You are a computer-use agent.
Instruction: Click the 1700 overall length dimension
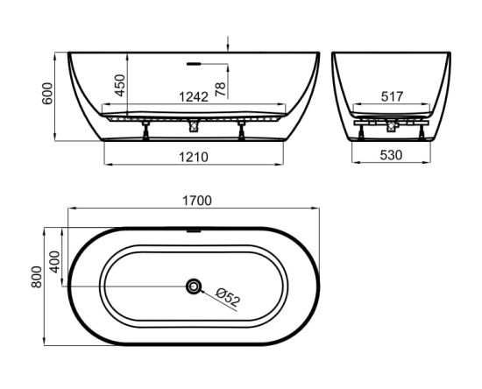197,201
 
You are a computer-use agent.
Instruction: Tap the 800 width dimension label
37,277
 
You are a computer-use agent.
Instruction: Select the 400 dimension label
55,262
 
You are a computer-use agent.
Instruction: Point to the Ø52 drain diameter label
228,296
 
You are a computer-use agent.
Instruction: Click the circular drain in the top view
194,286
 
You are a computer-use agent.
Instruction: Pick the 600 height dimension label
47,94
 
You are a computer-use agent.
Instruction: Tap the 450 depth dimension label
120,85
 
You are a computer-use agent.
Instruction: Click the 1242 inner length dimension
194,96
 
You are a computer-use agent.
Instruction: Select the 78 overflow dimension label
220,89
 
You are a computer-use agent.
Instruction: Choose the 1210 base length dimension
194,157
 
